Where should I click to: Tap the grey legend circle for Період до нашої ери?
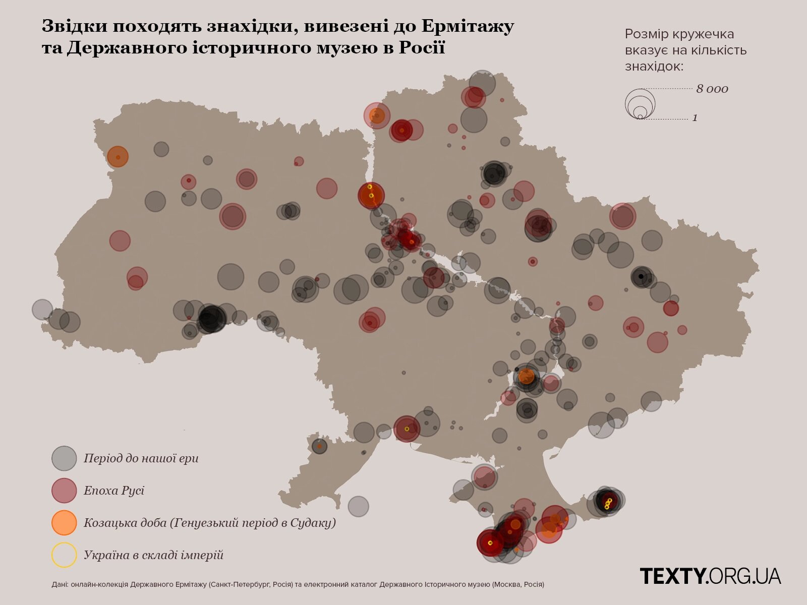[64, 458]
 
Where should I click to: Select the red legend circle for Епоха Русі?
[64, 491]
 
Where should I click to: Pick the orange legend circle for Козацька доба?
[64, 522]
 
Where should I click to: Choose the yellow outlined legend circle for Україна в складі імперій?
[64, 555]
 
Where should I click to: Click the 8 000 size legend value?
[712, 89]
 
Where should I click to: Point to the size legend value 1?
[695, 118]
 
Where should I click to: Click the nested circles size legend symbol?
[640, 104]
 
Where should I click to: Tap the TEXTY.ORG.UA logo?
[710, 575]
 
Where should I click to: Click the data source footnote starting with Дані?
[298, 585]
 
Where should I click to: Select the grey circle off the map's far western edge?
[42, 310]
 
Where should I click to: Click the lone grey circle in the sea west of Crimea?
[358, 507]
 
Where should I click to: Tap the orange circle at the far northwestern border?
[118, 157]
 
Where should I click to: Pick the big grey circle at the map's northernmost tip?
[482, 83]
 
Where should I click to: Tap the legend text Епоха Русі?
[114, 491]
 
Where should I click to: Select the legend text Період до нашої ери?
[141, 458]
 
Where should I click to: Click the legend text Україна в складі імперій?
[153, 555]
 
